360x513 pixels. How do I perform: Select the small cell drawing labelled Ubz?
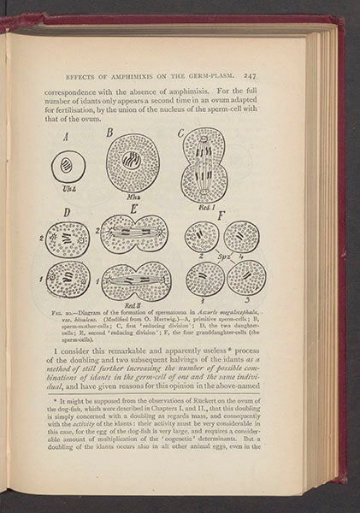tap(67, 167)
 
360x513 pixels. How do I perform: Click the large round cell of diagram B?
tap(133, 161)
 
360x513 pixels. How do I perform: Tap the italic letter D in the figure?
tap(58, 213)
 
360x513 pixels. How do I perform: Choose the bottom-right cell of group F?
tap(245, 277)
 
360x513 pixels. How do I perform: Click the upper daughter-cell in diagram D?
tap(68, 239)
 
